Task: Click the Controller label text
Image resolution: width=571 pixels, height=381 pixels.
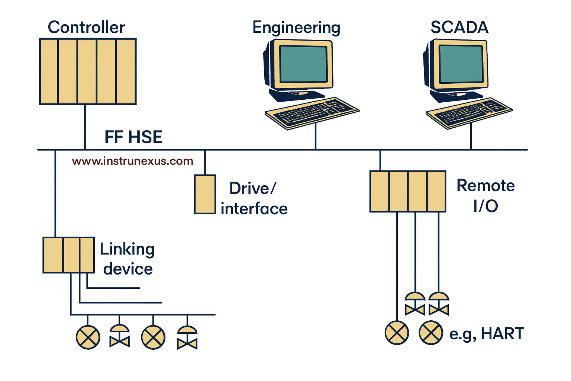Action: click(x=86, y=27)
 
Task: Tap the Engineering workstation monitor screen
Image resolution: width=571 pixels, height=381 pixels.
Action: click(x=303, y=64)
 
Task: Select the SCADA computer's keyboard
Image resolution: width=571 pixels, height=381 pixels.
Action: click(x=469, y=112)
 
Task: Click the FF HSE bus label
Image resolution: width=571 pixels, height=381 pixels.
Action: click(x=133, y=137)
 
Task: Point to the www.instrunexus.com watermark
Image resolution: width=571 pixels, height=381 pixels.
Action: click(x=133, y=161)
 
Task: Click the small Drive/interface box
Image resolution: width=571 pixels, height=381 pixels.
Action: click(x=205, y=194)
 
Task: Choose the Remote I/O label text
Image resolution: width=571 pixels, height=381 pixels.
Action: click(x=485, y=195)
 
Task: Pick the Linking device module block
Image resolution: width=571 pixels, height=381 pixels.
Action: click(x=69, y=255)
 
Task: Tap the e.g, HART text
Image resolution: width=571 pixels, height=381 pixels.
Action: click(x=487, y=334)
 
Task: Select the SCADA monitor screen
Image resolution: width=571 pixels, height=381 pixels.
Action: click(x=461, y=64)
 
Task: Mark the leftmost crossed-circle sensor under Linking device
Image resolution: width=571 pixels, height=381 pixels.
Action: click(x=88, y=337)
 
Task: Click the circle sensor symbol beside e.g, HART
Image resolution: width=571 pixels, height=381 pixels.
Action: click(x=431, y=333)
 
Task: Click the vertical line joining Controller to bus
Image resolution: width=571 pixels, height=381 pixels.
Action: click(x=85, y=127)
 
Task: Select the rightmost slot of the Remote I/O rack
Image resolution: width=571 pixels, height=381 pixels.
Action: click(x=436, y=191)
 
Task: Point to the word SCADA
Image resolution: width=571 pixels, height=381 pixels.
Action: click(x=459, y=27)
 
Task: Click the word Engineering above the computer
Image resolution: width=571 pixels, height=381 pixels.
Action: click(x=296, y=28)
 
